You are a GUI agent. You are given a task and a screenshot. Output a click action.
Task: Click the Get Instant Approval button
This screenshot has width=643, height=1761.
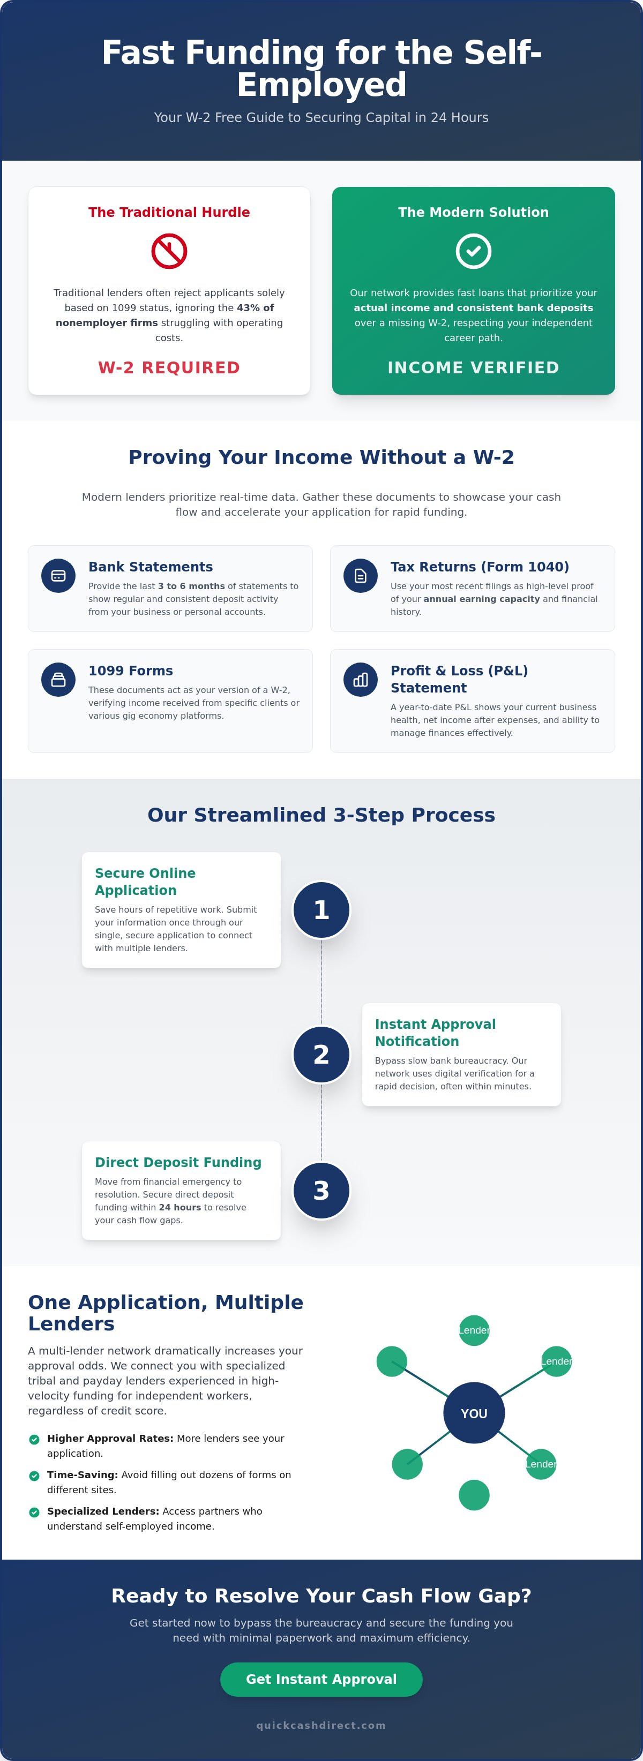321,1679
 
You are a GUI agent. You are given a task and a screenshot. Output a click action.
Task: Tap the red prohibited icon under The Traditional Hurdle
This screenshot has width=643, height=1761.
169,251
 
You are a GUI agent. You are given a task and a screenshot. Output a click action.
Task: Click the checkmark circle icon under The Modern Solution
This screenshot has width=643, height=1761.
473,251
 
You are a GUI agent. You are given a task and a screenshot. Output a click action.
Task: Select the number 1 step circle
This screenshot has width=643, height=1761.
322,910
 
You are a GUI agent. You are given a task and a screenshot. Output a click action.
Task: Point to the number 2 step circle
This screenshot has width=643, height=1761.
322,1054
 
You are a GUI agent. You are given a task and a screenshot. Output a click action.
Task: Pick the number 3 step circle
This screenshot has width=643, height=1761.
322,1190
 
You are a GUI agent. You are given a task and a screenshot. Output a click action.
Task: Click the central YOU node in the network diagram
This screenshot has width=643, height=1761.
474,1413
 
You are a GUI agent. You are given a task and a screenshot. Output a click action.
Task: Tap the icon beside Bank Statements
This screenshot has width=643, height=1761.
58,576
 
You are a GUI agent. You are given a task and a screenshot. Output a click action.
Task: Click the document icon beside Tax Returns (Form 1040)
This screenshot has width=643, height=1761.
361,576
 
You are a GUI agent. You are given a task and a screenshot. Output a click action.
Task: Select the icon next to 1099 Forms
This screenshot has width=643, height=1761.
58,680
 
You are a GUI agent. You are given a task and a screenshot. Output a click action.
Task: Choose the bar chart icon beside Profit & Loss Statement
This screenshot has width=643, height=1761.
361,680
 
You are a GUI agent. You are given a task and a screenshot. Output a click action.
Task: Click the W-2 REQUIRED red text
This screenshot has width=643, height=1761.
169,368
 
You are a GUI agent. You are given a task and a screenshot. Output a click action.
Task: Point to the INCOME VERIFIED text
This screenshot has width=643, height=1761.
473,368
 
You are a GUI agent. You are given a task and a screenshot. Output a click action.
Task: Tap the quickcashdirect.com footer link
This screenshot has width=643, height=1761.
321,1726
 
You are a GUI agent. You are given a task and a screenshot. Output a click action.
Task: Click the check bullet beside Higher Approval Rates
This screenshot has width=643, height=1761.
34,1439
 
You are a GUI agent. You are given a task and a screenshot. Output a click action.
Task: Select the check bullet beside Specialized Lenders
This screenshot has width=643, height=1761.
34,1511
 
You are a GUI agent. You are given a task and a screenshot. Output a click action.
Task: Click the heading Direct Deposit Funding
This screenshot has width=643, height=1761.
178,1162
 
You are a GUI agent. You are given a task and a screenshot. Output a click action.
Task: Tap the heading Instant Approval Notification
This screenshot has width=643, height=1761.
435,1032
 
